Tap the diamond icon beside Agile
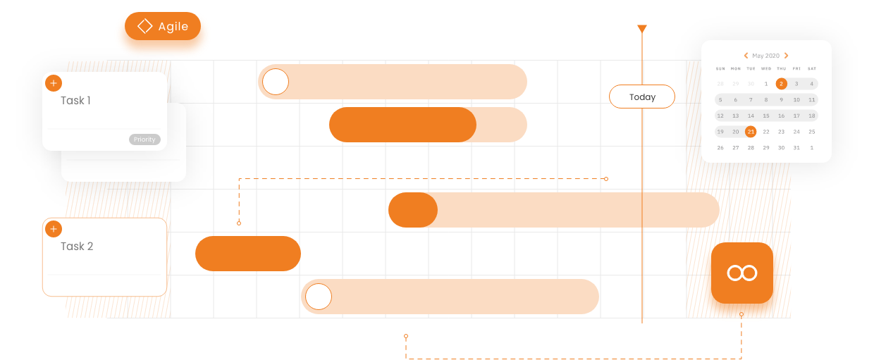[x=144, y=26]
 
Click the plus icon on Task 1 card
[x=54, y=83]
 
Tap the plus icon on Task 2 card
[x=54, y=229]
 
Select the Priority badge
[x=144, y=139]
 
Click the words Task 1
[x=75, y=101]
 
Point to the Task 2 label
[x=77, y=247]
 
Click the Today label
[x=642, y=97]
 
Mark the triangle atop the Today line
[x=641, y=29]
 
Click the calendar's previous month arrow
[x=746, y=56]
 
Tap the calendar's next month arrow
[x=786, y=56]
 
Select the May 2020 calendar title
[x=765, y=56]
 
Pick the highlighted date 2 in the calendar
[x=781, y=84]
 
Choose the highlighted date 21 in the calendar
[x=751, y=132]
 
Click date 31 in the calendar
[x=796, y=148]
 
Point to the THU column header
[x=781, y=69]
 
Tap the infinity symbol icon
[x=742, y=273]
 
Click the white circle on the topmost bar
[x=276, y=82]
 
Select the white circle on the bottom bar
[x=319, y=297]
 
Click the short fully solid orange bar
[x=248, y=254]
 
